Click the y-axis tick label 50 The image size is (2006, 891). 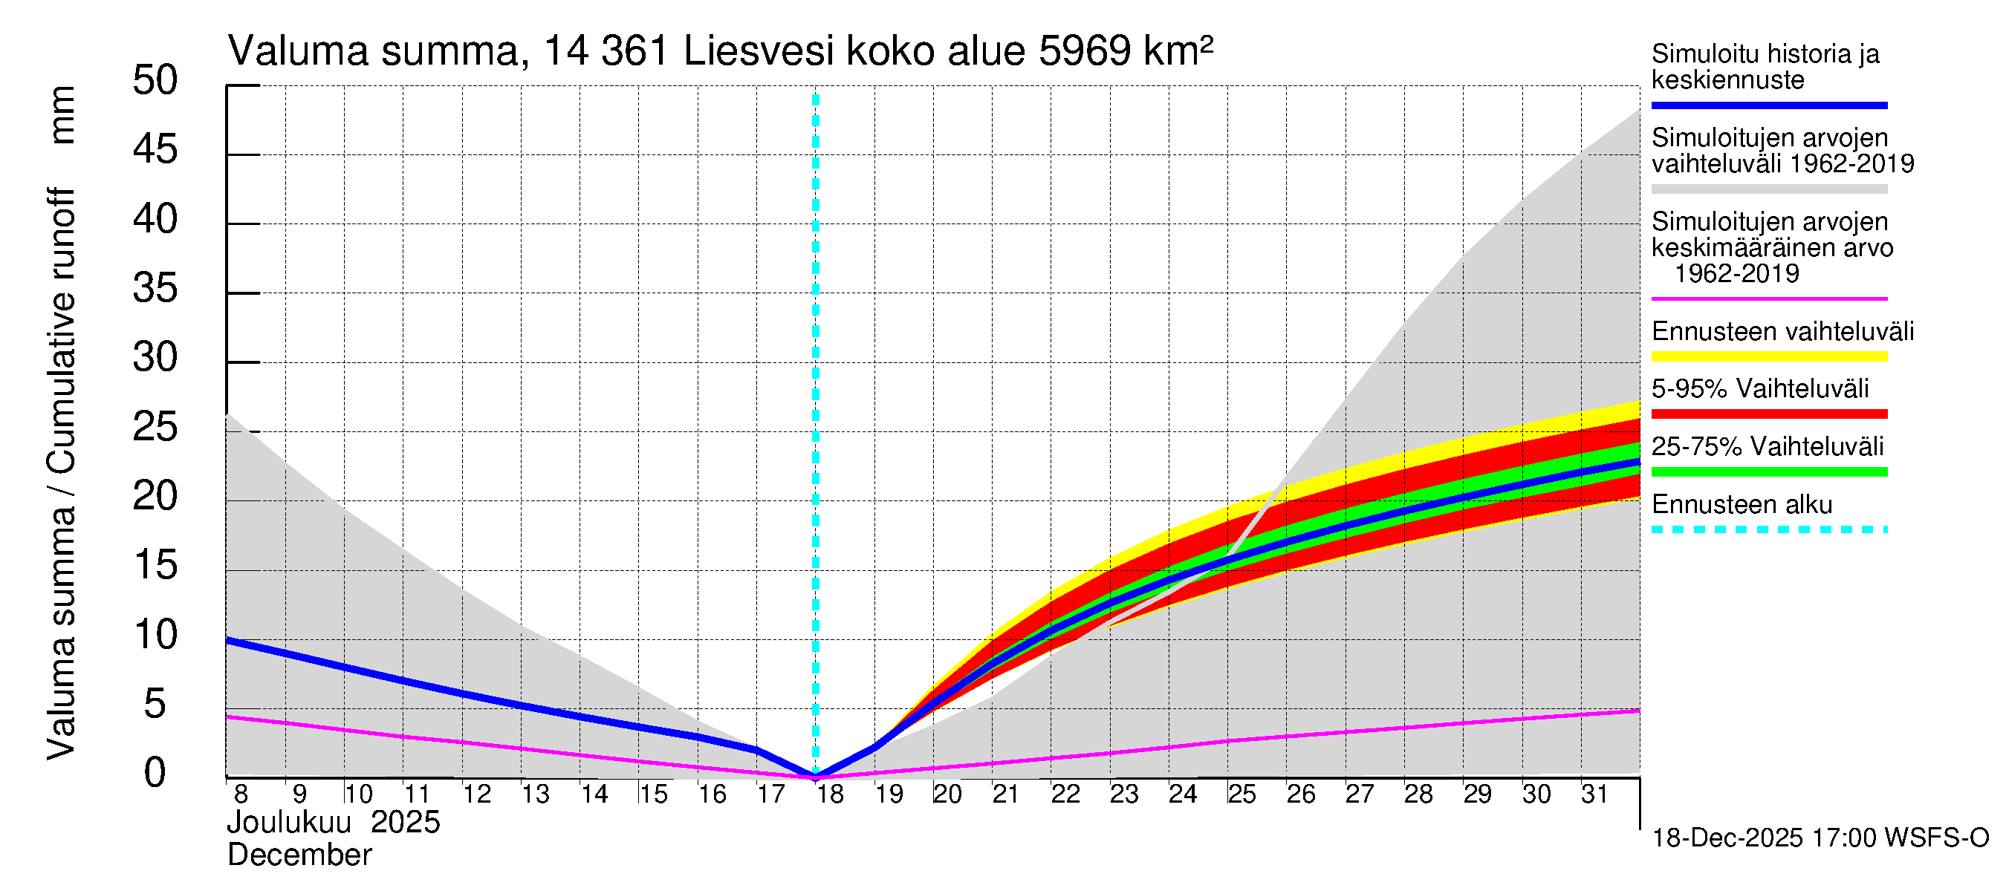(155, 81)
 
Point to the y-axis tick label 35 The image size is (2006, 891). (155, 289)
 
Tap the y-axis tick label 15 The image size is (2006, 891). (155, 566)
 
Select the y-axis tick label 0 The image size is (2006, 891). (155, 774)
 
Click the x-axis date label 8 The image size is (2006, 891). (241, 794)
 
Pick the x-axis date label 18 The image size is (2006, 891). (830, 794)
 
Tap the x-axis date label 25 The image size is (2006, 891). (1242, 794)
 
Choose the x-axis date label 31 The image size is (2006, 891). (1595, 794)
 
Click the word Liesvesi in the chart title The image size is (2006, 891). (759, 52)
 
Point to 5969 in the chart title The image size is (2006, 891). (1084, 52)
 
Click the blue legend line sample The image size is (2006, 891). (1769, 105)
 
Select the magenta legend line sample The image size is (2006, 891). (1769, 298)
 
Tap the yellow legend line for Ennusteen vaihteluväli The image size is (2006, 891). (1769, 356)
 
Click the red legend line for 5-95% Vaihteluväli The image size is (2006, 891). (1769, 414)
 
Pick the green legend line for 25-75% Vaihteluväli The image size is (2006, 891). (1769, 471)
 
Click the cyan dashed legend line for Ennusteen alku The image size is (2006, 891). (1769, 530)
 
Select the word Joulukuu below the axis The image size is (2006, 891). (289, 823)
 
